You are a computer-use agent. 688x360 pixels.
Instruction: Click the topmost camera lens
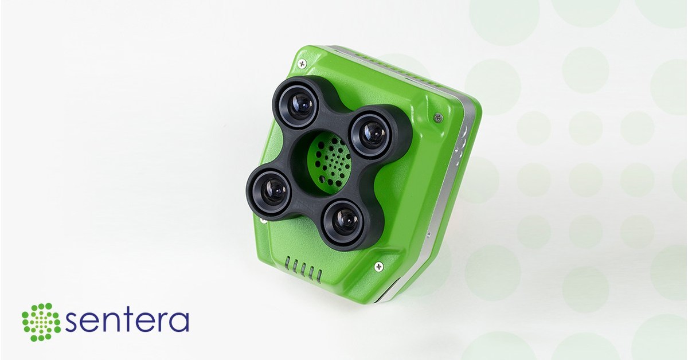301,104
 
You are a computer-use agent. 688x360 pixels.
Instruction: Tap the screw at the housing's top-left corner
302,63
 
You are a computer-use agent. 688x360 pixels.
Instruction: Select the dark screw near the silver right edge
439,118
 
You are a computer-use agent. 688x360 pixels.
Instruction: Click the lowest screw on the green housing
378,266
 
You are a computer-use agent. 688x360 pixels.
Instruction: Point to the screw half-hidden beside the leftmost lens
262,218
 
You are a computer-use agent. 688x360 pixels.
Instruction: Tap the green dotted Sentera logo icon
41,322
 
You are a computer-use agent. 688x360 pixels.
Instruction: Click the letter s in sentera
72,323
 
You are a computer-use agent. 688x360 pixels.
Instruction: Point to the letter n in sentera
109,323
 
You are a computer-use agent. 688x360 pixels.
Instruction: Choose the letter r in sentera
161,322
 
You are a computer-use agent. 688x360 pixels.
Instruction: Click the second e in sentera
143,323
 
